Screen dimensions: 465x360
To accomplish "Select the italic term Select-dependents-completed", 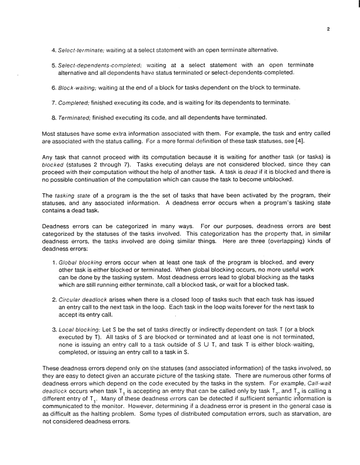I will click(x=98, y=63).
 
